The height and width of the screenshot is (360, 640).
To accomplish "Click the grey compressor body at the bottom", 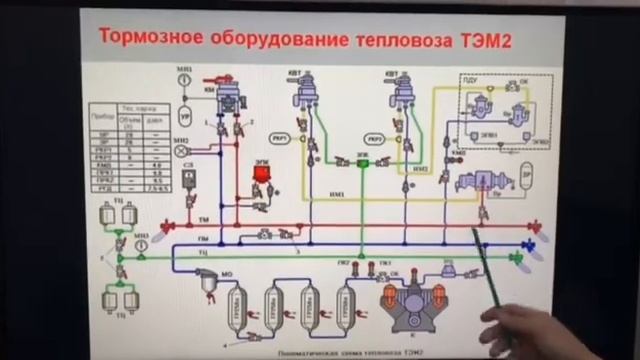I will pos(409,304).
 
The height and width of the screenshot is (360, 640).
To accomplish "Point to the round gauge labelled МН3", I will pos(143,242).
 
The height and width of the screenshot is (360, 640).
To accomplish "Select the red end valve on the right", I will pos(533,226).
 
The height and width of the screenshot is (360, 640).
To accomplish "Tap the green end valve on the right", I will pos(517,260).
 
